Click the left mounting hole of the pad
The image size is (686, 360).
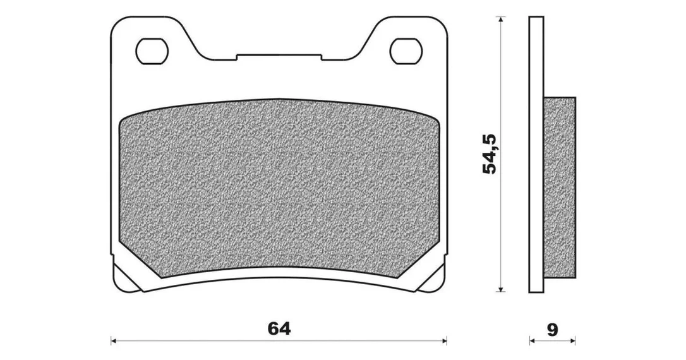point(152,51)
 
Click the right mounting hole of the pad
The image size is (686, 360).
point(406,51)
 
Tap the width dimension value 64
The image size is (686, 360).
point(279,328)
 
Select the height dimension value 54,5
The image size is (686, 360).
point(490,154)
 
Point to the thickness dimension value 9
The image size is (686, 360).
point(553,330)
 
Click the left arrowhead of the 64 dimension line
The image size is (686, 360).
point(113,340)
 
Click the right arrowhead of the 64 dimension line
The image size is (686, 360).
point(444,340)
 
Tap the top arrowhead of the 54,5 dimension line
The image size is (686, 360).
point(501,20)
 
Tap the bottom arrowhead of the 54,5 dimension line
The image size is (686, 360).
point(501,288)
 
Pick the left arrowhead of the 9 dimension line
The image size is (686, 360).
point(533,340)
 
